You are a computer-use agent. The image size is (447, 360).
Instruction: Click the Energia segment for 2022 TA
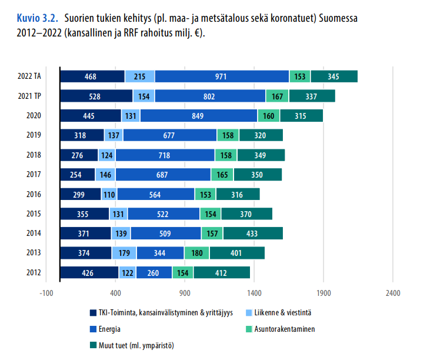point(222,76)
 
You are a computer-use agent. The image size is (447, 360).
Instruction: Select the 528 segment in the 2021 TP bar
point(96,96)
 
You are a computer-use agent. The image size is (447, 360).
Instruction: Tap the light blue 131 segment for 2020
point(131,116)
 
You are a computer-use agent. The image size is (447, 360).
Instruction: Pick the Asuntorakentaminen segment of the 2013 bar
point(196,253)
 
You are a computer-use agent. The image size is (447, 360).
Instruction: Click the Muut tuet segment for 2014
point(253,234)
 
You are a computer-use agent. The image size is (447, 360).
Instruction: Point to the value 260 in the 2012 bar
point(154,273)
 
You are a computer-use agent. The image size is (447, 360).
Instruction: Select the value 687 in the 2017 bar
point(163,175)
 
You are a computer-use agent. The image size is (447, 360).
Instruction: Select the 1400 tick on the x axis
point(254,292)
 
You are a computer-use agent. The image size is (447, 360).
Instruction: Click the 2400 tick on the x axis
point(392,292)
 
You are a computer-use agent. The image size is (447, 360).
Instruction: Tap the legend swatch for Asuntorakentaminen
point(248,329)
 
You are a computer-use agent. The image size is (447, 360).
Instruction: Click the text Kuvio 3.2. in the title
point(38,18)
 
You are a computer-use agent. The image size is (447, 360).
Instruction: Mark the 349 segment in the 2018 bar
point(261,155)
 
